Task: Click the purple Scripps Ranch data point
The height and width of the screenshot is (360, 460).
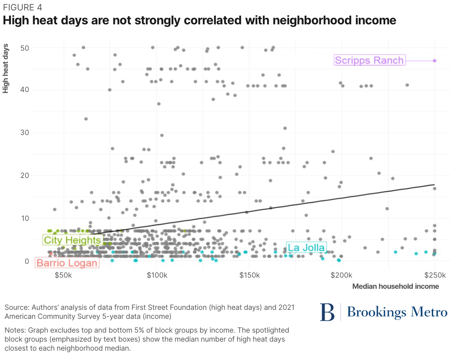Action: [434, 61]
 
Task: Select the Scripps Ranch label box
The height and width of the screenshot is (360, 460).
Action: [369, 60]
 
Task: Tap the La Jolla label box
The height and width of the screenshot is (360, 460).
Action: [306, 248]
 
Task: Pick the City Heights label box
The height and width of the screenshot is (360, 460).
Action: [72, 240]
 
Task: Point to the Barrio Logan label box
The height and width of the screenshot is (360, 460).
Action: [67, 263]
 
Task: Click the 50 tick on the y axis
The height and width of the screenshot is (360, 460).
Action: [25, 48]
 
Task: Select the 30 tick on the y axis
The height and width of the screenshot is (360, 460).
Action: [25, 133]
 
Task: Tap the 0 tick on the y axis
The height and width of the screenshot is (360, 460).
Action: [27, 261]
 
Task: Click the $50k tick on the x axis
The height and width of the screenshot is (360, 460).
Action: [63, 276]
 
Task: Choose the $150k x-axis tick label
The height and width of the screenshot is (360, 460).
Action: [249, 276]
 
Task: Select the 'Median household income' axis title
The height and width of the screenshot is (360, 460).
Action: [395, 286]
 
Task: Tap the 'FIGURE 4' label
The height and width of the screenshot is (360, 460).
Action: [22, 7]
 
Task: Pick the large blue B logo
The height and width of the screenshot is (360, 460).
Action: [327, 312]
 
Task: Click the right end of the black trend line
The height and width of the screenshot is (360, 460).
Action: [434, 184]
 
